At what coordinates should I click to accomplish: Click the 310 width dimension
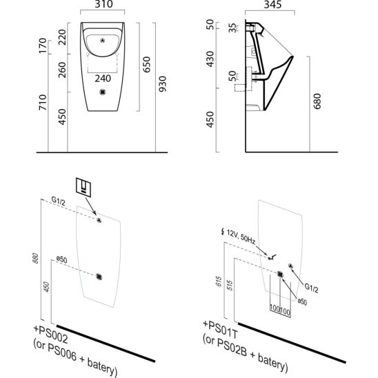tap(103, 4)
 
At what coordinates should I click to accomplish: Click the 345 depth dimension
tap(272, 5)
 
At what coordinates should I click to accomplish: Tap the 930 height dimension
tap(163, 84)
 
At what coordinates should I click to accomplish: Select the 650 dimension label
tap(146, 65)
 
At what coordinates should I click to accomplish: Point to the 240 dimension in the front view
tap(103, 79)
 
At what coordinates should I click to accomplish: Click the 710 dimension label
tap(43, 103)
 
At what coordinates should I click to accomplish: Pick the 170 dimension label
tap(43, 46)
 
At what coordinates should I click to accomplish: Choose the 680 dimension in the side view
tap(317, 101)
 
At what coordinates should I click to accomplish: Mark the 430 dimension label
tap(210, 59)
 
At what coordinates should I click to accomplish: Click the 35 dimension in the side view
tap(232, 28)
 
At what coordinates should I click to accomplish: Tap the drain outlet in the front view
tap(103, 92)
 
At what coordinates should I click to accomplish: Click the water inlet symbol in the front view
tap(103, 41)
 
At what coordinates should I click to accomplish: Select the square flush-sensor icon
tap(83, 188)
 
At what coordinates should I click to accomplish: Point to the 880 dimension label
tap(35, 258)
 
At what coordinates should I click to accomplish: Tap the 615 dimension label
tap(219, 281)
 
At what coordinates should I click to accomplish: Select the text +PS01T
tap(220, 329)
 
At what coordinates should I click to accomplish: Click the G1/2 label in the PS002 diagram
tap(59, 201)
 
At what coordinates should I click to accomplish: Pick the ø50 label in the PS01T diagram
tap(302, 302)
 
